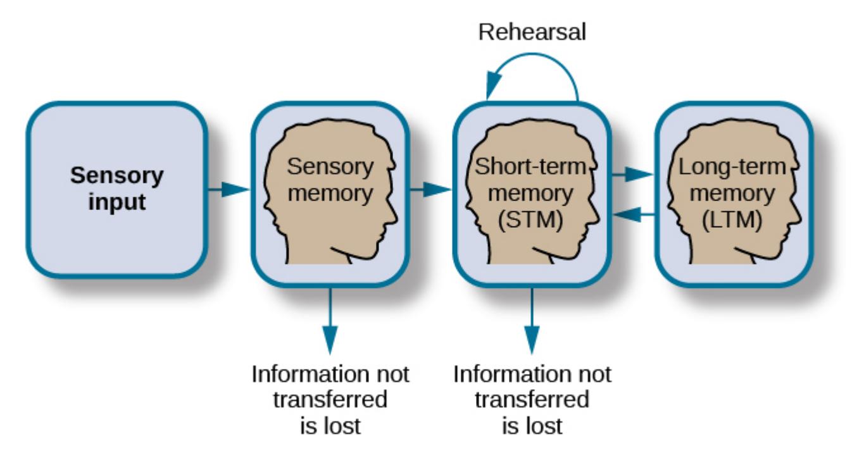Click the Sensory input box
[116, 190]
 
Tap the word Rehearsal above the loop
[532, 32]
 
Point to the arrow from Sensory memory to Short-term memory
[430, 189]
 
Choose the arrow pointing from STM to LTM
[632, 173]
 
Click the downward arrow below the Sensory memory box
[330, 323]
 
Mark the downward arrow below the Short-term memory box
[532, 323]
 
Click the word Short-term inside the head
[532, 168]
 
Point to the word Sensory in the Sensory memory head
[330, 168]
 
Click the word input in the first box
[116, 204]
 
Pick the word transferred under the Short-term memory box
[532, 400]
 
